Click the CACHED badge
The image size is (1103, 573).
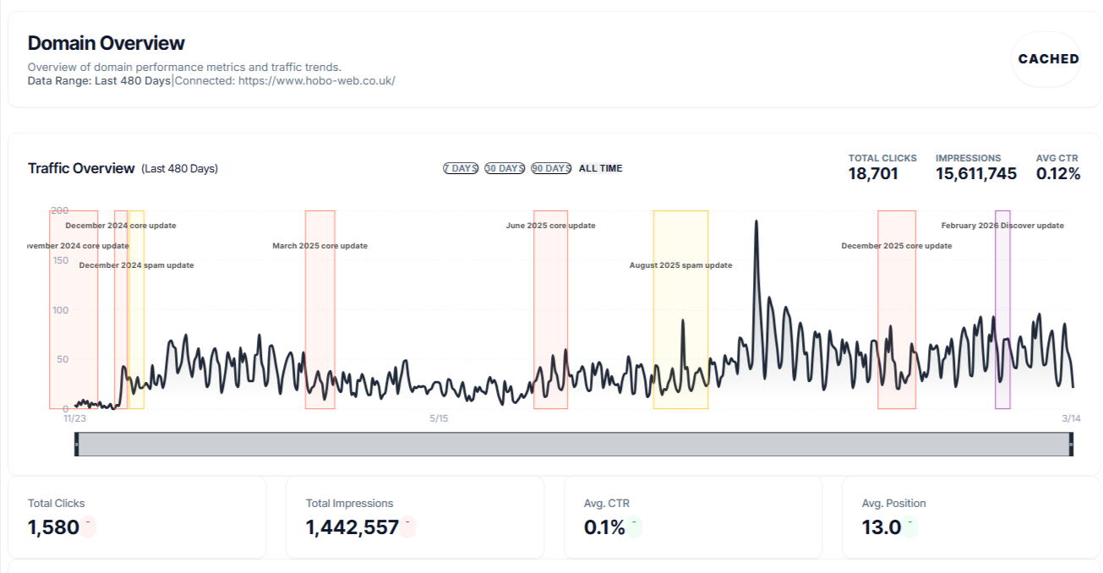click(1048, 59)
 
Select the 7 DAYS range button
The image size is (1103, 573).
click(461, 168)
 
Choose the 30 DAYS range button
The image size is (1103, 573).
click(505, 168)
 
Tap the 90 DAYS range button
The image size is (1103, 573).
click(551, 168)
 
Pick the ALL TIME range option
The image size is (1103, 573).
click(600, 168)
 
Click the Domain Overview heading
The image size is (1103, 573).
click(106, 43)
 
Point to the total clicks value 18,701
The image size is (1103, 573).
click(873, 174)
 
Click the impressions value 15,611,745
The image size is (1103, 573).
click(975, 174)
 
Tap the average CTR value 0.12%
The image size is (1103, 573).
click(1057, 174)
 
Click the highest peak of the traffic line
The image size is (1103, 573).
click(756, 221)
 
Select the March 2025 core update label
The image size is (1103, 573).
click(319, 246)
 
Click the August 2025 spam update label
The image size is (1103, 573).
click(680, 265)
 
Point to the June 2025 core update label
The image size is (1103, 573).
click(550, 226)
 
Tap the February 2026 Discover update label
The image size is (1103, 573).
click(1002, 226)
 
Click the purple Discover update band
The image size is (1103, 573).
click(1002, 338)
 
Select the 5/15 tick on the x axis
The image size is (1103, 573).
click(439, 418)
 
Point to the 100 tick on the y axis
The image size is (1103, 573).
click(59, 310)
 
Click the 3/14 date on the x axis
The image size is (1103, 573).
click(1071, 418)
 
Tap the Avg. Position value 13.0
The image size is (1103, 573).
click(882, 527)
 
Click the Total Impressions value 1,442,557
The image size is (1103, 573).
click(352, 527)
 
